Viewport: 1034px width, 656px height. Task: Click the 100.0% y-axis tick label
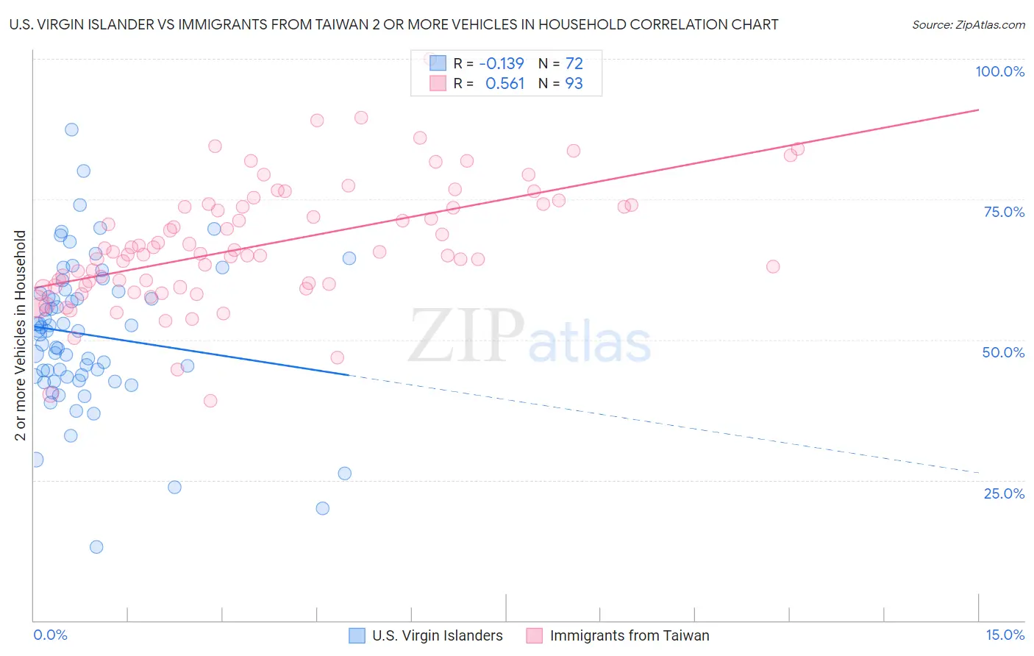(x=999, y=71)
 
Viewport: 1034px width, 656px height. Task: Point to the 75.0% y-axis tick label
(x=1004, y=212)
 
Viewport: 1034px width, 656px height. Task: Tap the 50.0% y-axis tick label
(x=1003, y=352)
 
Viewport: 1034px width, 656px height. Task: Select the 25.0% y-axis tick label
(x=1004, y=493)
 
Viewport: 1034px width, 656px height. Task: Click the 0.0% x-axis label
(x=50, y=635)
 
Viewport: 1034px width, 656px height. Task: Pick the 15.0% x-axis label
(x=1005, y=635)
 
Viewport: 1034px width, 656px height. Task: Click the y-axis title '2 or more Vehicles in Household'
(x=20, y=335)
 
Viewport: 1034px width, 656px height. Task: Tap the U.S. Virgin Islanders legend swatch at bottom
(x=357, y=636)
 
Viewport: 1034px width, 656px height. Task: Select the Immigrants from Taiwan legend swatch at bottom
(x=535, y=636)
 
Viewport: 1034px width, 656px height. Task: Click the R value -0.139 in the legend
(x=502, y=63)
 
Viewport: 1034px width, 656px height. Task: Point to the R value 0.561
(x=504, y=84)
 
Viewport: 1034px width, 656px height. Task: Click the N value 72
(x=574, y=63)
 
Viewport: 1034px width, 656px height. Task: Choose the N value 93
(x=574, y=84)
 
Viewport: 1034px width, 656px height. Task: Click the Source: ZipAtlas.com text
(x=968, y=25)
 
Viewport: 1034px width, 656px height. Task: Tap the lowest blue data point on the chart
(x=96, y=547)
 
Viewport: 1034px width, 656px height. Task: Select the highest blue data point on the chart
(x=71, y=129)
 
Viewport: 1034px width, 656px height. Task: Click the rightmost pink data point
(x=798, y=149)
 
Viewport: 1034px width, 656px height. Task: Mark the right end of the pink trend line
(x=979, y=110)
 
